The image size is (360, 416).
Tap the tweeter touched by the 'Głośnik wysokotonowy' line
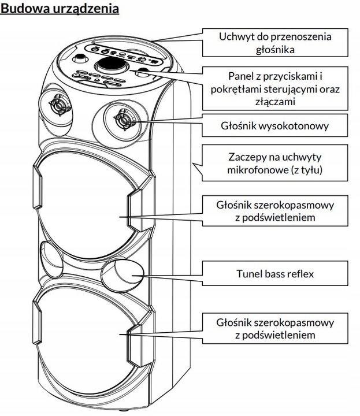123,119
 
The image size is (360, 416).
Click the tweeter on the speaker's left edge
57,105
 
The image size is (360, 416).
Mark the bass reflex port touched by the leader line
123,273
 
